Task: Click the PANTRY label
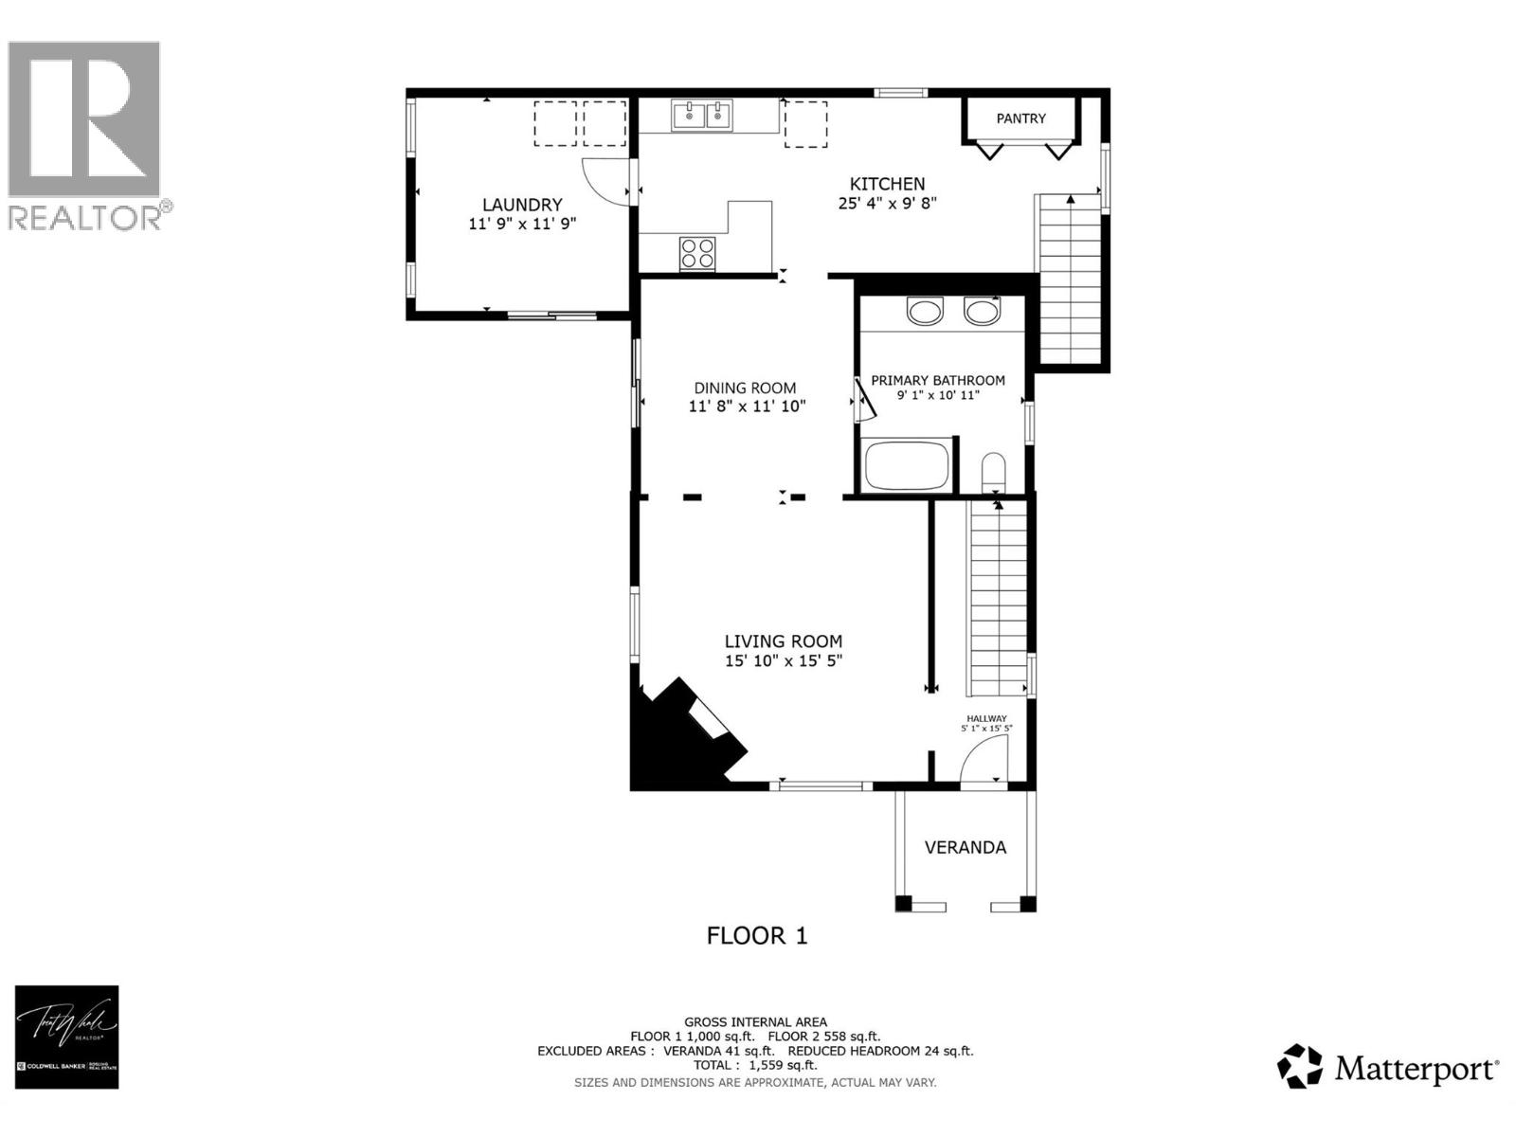click(x=1020, y=118)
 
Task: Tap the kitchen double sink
click(x=703, y=116)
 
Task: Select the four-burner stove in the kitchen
click(x=698, y=253)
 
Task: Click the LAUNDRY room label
click(x=522, y=205)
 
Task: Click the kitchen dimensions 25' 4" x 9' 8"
click(x=887, y=203)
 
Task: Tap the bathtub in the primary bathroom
click(x=907, y=466)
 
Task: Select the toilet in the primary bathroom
click(x=992, y=471)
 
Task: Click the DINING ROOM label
click(x=745, y=388)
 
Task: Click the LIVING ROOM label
click(x=784, y=641)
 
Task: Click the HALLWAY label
click(x=986, y=718)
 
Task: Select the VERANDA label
click(x=965, y=847)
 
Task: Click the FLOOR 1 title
click(x=757, y=936)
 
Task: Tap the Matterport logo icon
click(x=1300, y=1067)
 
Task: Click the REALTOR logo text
click(x=85, y=217)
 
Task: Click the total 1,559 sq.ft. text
click(x=754, y=1065)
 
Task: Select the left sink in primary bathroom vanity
click(x=924, y=311)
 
